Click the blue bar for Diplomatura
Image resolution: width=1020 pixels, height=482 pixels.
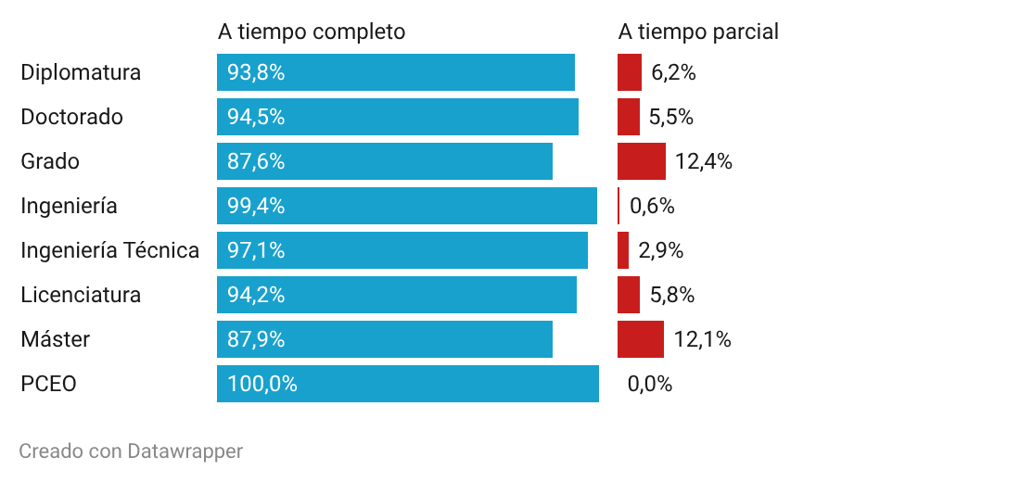point(396,72)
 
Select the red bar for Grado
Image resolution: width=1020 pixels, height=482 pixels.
point(642,161)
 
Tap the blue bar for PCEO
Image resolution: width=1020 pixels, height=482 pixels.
point(408,384)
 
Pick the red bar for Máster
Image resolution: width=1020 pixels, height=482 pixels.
point(641,339)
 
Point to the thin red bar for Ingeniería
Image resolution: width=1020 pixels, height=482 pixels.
point(618,206)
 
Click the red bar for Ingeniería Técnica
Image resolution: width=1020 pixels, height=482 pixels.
point(623,250)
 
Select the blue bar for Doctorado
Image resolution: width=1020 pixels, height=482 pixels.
point(398,117)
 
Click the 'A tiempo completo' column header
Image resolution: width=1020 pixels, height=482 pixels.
point(312,32)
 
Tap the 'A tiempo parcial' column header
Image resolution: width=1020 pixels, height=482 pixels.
point(698,32)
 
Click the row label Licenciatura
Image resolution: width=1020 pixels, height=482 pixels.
point(81,295)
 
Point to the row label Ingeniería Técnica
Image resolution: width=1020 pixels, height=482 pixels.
point(110,249)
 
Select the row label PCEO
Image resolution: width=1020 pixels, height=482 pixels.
point(49,384)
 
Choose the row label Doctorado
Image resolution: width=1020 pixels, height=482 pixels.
point(71,117)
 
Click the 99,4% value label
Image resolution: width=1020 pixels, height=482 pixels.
point(256,206)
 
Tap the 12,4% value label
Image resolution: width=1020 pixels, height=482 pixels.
point(703,161)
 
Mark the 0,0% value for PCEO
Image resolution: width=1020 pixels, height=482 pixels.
point(649,384)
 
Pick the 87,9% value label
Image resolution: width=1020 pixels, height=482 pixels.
point(256,339)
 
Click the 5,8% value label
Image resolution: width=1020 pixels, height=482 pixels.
point(672,296)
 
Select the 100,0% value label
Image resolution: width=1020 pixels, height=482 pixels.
point(262,384)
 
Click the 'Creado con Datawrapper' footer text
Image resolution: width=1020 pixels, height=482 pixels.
point(131,450)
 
